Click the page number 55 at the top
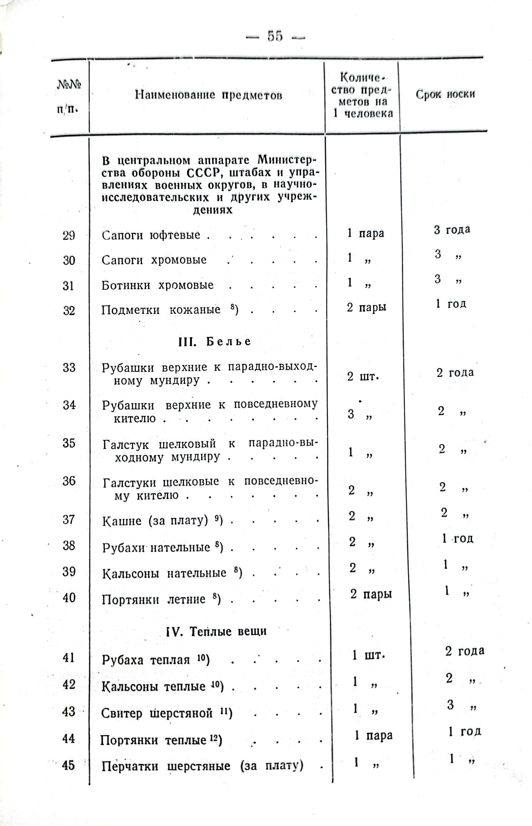[x=275, y=36]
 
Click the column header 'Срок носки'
[x=445, y=94]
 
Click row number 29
[x=69, y=236]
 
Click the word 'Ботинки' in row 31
[x=126, y=285]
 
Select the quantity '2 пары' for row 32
[x=366, y=307]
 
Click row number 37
[x=69, y=519]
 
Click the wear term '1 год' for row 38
[x=457, y=538]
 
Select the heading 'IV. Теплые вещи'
[x=216, y=631]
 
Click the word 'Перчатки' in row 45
[x=130, y=766]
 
